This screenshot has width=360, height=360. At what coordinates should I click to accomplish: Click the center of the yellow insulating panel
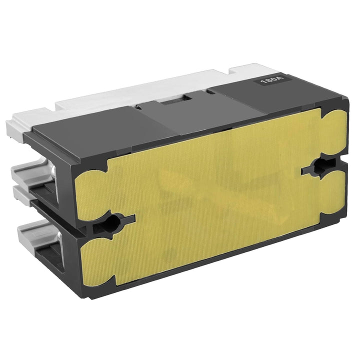[210, 195]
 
